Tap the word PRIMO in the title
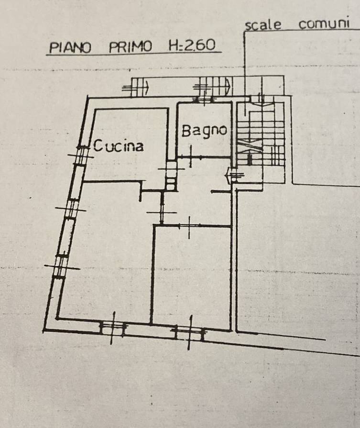[x=130, y=47]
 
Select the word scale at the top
[x=263, y=25]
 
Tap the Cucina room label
[x=118, y=145]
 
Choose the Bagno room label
[x=203, y=130]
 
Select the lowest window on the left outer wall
[x=60, y=265]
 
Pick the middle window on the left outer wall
[x=71, y=209]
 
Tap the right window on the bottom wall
[x=190, y=329]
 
